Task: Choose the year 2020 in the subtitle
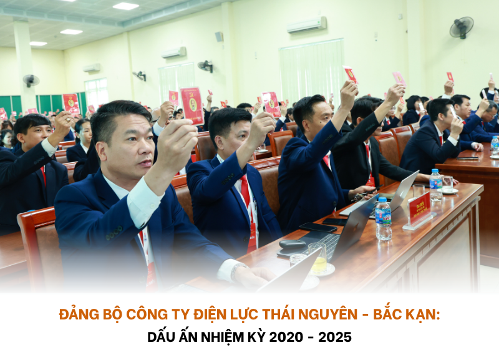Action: tap(286, 338)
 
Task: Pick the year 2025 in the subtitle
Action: tap(335, 338)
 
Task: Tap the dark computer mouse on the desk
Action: tap(292, 243)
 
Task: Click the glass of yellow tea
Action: tap(317, 258)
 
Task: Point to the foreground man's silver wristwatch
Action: tap(238, 271)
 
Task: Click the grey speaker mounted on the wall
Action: tap(219, 37)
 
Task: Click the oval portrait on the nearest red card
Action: tap(193, 105)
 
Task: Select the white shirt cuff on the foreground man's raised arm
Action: tap(145, 202)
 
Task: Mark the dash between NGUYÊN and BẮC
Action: tap(366, 315)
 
